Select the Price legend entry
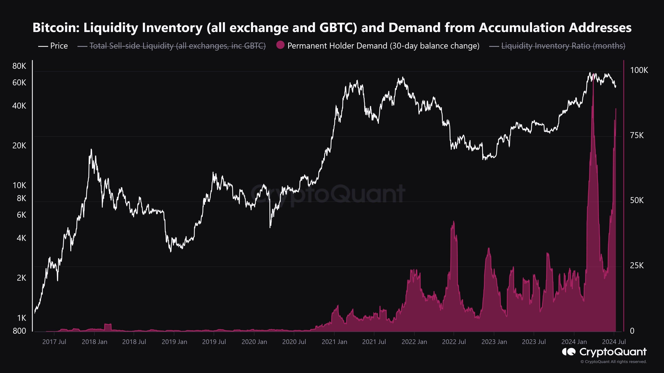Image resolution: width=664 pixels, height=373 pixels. point(53,46)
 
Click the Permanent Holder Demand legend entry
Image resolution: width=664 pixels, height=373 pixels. point(378,46)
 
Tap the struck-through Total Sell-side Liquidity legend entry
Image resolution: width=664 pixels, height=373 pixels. point(172,46)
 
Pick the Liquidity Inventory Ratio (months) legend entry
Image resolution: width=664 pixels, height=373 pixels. point(557,46)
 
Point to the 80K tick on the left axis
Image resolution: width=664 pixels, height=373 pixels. point(19,66)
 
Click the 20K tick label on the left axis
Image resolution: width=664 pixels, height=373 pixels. point(19,146)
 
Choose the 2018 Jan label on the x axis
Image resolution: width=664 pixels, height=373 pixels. point(94,342)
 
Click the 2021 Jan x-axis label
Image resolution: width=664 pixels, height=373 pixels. point(334,342)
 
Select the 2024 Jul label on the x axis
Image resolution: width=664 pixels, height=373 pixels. point(614,342)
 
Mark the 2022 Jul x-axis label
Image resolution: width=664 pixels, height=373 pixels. point(454,342)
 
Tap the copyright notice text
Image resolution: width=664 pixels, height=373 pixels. point(614,362)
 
